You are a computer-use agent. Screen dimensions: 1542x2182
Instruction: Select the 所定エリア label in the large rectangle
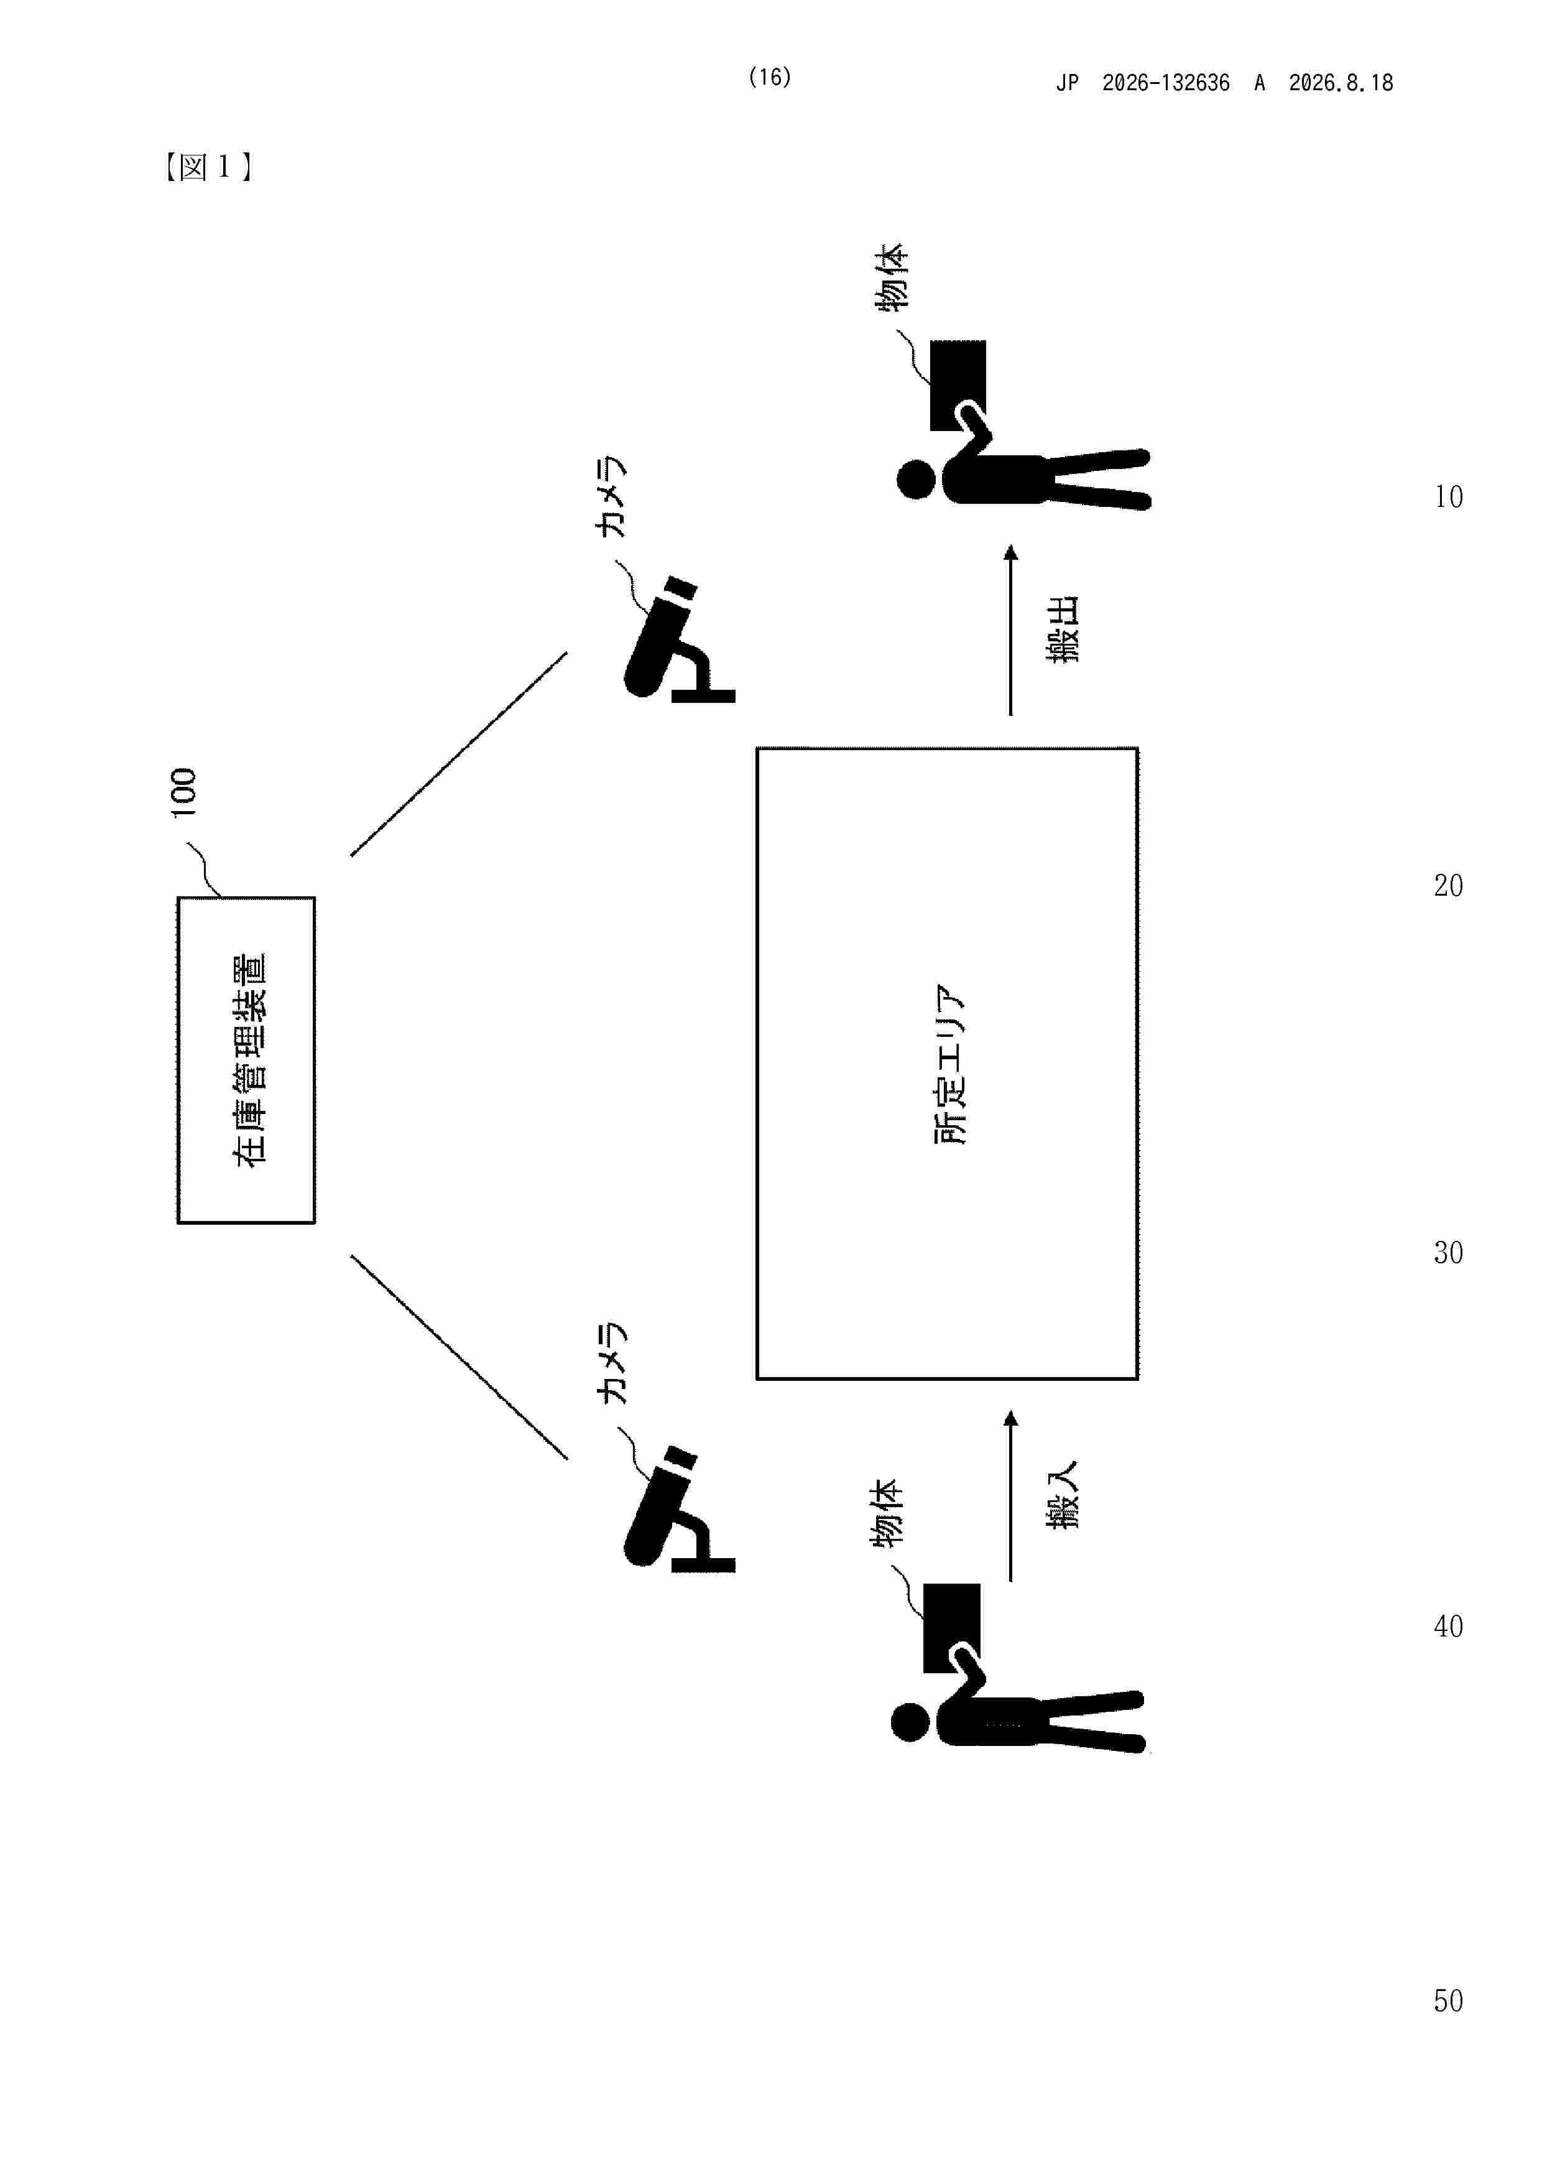(949, 1064)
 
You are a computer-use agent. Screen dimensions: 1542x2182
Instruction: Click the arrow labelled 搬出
(1011, 630)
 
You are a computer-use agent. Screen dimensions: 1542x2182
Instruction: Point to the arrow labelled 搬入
(1011, 1496)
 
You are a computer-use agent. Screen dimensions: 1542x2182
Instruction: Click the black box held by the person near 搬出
(958, 385)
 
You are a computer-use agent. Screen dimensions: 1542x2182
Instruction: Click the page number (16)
(770, 77)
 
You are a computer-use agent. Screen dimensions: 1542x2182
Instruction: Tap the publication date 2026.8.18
(1341, 83)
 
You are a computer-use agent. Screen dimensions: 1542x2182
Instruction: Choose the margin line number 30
(1448, 1253)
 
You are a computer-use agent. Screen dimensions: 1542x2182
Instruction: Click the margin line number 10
(1449, 496)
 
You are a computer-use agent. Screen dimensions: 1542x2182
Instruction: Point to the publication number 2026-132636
(1166, 83)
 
